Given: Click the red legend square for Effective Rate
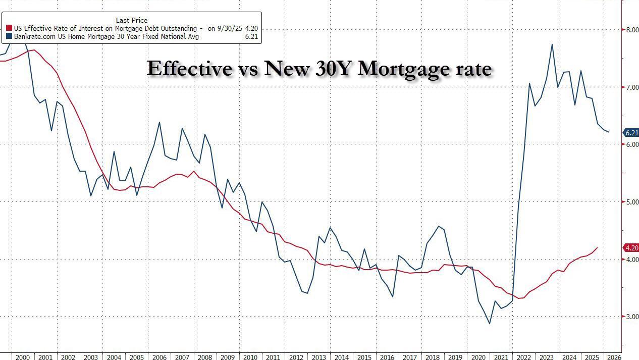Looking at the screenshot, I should [x=9, y=29].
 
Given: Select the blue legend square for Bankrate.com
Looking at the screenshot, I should [x=9, y=37].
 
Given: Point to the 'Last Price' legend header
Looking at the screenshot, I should [x=132, y=21].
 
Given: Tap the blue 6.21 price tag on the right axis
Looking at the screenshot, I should [x=631, y=133].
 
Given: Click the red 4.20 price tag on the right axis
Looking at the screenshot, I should [x=631, y=248].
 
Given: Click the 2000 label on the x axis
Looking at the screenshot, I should [x=22, y=357].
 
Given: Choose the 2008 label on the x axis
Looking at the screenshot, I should [x=205, y=357].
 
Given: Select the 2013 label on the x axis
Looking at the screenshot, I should [x=319, y=357].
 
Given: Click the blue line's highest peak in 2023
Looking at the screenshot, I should [x=552, y=44].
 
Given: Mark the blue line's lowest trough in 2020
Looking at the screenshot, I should [x=489, y=324].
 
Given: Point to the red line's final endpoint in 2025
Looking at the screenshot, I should [x=598, y=247].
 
